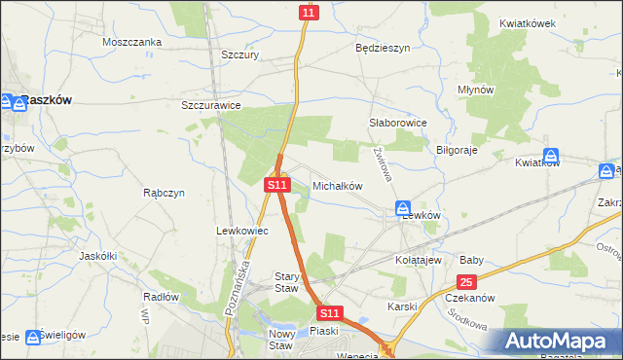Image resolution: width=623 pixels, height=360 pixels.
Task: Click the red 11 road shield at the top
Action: pyautogui.click(x=309, y=12)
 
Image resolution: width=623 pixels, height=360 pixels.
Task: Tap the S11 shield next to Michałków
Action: pyautogui.click(x=277, y=184)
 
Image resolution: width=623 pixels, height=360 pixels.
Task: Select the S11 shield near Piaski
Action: pyautogui.click(x=330, y=313)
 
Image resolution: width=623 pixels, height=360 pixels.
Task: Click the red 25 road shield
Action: pyautogui.click(x=467, y=282)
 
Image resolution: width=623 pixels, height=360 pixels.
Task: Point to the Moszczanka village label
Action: pyautogui.click(x=131, y=42)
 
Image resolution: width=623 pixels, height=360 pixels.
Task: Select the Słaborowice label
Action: pyautogui.click(x=398, y=123)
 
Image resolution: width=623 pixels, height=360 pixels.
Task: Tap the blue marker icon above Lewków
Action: pyautogui.click(x=403, y=208)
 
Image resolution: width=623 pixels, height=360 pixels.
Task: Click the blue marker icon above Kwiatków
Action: pyautogui.click(x=551, y=156)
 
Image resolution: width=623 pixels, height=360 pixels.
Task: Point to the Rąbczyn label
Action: pyautogui.click(x=164, y=193)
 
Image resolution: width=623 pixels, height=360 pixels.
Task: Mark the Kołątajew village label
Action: pyautogui.click(x=419, y=261)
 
